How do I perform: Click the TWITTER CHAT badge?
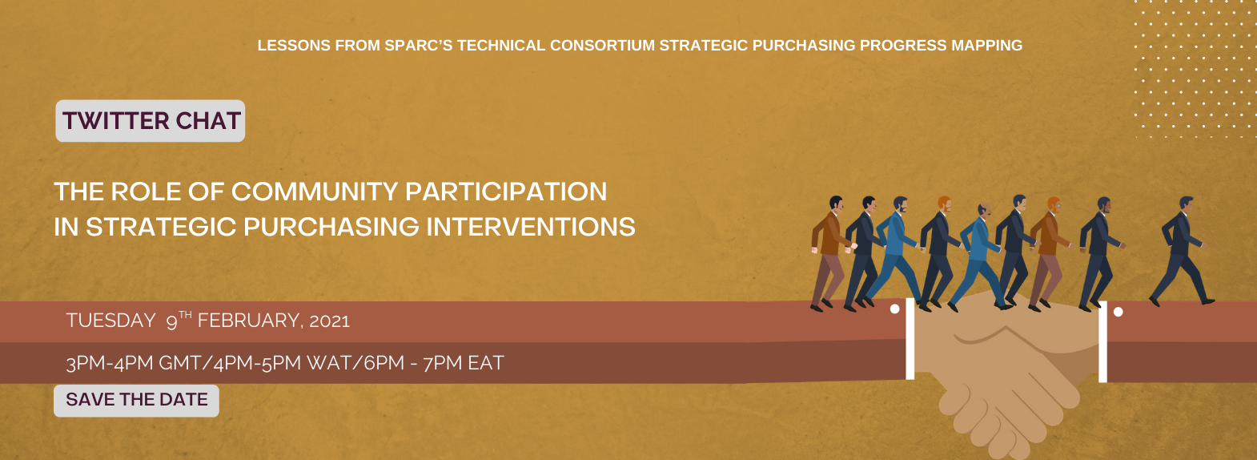point(151,121)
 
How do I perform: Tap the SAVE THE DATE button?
point(136,401)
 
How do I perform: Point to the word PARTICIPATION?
point(506,192)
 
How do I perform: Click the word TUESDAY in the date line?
point(111,321)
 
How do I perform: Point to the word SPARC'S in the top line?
point(419,46)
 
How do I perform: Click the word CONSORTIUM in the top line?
point(602,46)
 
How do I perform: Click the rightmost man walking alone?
point(1181,251)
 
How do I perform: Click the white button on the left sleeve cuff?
point(895,309)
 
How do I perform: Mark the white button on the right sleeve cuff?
point(1118,313)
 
